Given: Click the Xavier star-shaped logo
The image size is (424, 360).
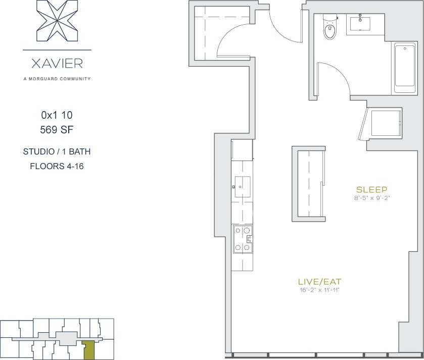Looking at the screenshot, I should (x=57, y=21).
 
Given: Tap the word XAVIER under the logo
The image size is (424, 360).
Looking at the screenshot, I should (x=57, y=64).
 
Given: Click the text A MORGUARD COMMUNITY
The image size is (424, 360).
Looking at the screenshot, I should (x=57, y=79).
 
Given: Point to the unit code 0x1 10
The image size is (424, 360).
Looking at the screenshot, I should (x=57, y=115).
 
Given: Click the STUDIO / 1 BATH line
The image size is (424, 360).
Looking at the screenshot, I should (x=57, y=151).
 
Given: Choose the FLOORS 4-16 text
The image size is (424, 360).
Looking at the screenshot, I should (x=57, y=166).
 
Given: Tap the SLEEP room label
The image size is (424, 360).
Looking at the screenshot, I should (x=371, y=190).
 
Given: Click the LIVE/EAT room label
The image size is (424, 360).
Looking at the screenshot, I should (x=316, y=281).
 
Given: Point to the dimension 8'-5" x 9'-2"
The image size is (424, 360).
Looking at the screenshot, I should (x=371, y=198).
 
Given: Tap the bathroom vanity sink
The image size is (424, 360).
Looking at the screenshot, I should (x=360, y=23).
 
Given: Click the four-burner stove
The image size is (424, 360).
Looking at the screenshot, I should (x=242, y=239).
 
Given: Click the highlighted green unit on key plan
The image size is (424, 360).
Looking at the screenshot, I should (x=89, y=348).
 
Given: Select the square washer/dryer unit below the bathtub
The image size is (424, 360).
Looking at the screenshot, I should (x=385, y=123).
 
